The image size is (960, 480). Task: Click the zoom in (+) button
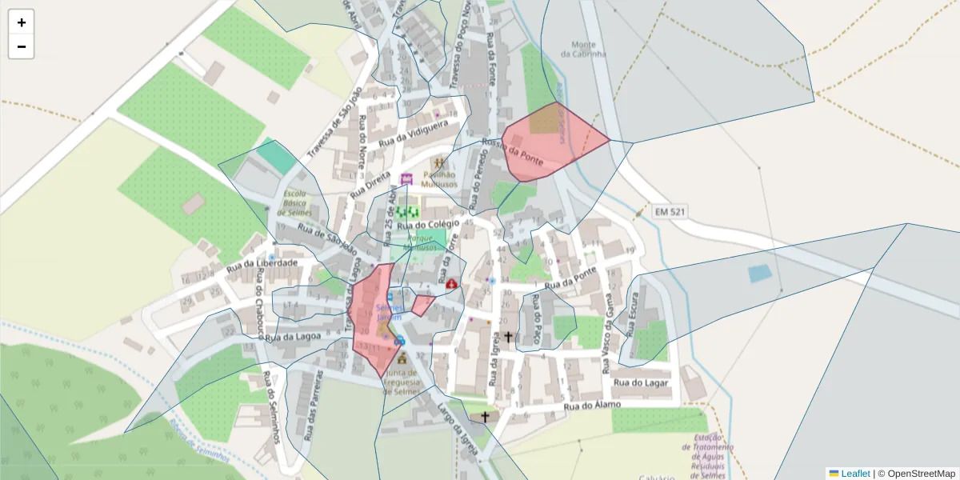22,22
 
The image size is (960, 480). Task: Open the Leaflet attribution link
854,474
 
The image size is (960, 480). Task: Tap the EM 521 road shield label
670,212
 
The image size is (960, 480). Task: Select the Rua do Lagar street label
640,382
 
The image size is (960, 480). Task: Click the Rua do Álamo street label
593,406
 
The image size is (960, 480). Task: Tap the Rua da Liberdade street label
262,264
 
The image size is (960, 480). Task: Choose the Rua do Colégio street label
432,226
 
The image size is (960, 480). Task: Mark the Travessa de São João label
335,123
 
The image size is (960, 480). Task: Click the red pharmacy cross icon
452,283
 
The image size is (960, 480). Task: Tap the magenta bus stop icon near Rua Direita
406,178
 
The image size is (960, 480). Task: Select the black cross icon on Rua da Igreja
508,337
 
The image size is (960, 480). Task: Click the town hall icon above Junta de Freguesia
402,358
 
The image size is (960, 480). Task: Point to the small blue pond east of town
760,274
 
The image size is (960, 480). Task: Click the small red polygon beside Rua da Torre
422,304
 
